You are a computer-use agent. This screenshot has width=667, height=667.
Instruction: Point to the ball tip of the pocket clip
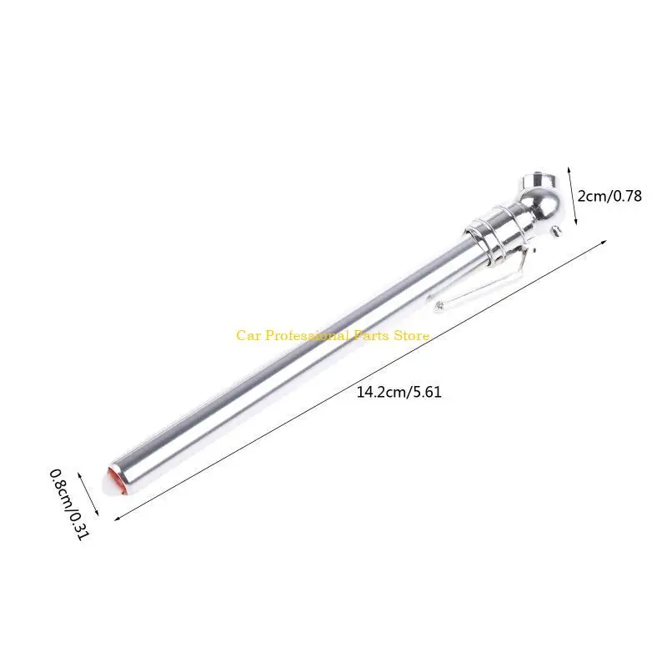[438, 306]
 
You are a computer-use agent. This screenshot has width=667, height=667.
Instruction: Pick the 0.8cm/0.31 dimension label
[68, 504]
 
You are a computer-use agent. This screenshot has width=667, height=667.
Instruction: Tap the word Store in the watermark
[411, 335]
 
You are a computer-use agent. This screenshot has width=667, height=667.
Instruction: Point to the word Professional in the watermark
[304, 335]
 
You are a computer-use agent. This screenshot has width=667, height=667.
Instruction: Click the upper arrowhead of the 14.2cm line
[604, 242]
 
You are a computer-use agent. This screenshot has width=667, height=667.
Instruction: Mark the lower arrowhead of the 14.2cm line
[116, 519]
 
